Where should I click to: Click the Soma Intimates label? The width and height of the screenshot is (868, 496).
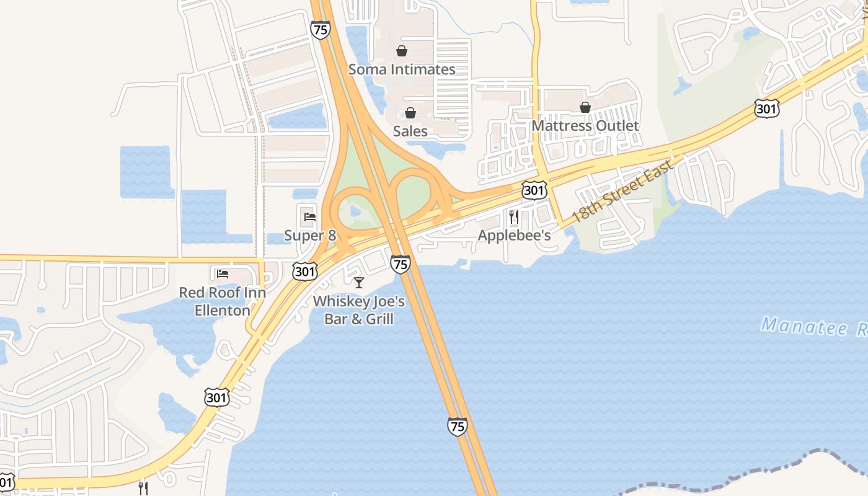coord(402,69)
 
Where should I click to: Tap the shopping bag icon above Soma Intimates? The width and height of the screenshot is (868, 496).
coord(402,51)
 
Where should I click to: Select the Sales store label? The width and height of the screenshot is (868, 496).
coord(410,131)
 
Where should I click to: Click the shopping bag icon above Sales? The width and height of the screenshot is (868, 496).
coord(410,112)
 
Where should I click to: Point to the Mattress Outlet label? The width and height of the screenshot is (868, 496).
coord(585,126)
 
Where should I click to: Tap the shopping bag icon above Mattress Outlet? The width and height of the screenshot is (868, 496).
coord(585,107)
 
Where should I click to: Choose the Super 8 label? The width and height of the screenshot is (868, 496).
coord(310,236)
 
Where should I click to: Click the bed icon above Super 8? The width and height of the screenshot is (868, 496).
coord(310,217)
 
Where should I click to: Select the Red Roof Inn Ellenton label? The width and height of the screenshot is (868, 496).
coord(223,301)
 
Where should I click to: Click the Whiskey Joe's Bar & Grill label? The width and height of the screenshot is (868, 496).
coord(358,310)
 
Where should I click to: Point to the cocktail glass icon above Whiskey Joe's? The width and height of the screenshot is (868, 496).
coord(358,283)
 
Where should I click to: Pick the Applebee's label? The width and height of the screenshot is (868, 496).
coord(514,236)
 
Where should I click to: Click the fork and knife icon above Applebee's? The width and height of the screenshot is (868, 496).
coord(514,216)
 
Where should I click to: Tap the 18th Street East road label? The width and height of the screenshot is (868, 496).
coord(621,192)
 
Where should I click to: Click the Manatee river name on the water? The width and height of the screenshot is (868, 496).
coord(812,327)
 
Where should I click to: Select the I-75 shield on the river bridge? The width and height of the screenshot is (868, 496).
coord(457,427)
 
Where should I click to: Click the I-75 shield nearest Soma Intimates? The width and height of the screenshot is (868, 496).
coord(321,30)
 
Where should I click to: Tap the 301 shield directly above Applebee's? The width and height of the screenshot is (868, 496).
coord(534,190)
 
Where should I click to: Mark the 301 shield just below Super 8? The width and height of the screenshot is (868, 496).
coord(306,271)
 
